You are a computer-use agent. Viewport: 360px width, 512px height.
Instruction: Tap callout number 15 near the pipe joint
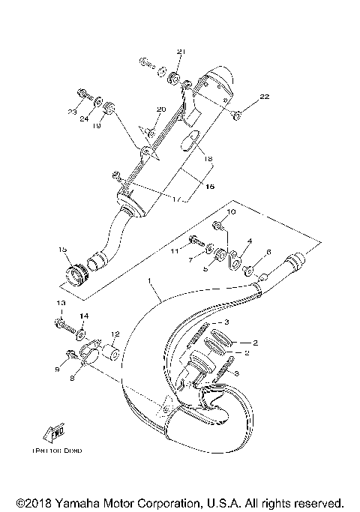63,250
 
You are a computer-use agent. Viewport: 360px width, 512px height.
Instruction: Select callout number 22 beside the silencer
264,97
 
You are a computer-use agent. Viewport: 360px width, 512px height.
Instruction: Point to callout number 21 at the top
180,51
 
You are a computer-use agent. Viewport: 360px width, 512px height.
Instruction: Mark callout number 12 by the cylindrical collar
115,334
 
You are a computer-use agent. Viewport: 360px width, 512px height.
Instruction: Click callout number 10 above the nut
231,214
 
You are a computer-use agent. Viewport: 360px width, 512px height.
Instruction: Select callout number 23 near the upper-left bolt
71,112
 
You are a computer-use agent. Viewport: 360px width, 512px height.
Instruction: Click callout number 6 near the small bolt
268,253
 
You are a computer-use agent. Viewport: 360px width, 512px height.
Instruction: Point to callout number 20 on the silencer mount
160,109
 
